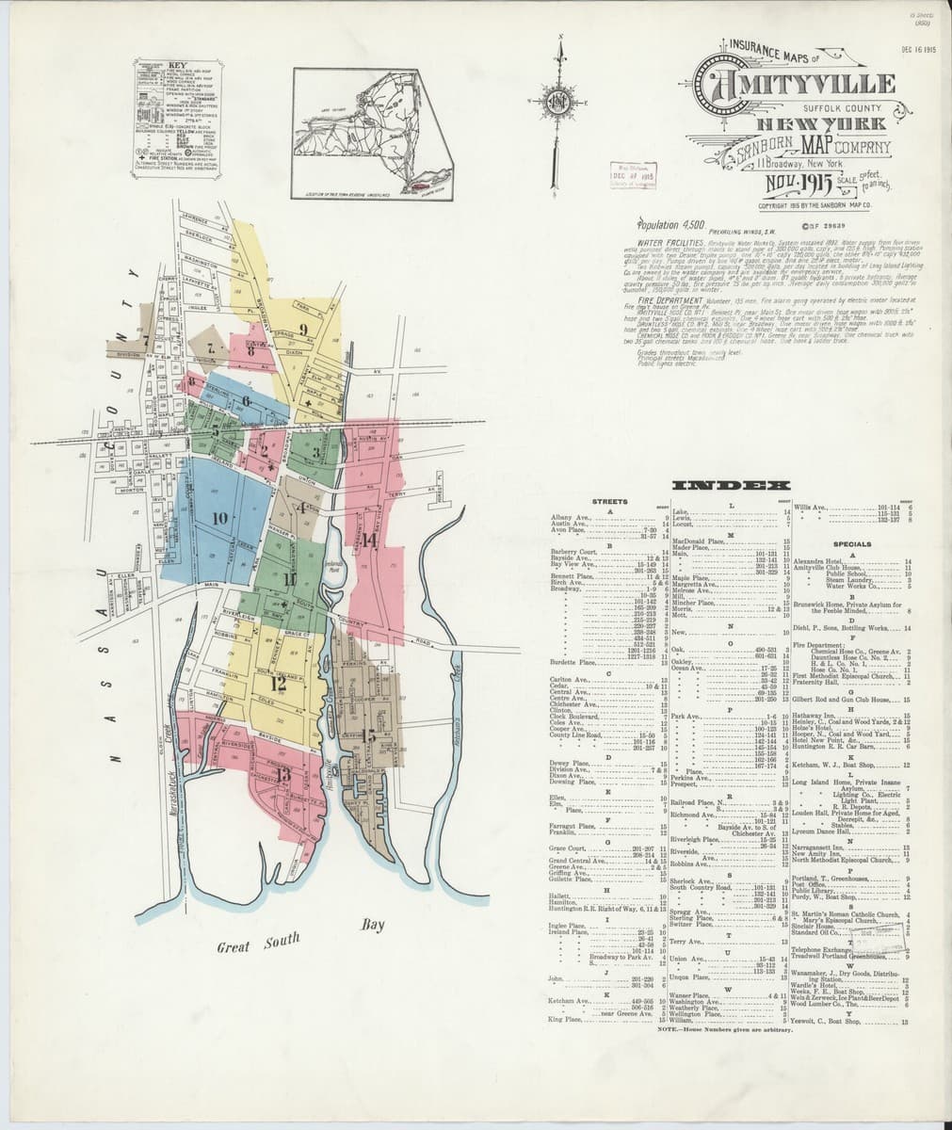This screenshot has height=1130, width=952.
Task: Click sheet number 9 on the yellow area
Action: (x=303, y=328)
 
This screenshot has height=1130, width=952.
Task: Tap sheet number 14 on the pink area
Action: (x=369, y=541)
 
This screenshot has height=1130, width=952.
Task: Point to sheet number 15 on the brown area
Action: (x=368, y=735)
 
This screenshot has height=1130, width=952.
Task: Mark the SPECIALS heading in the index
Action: (x=851, y=544)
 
